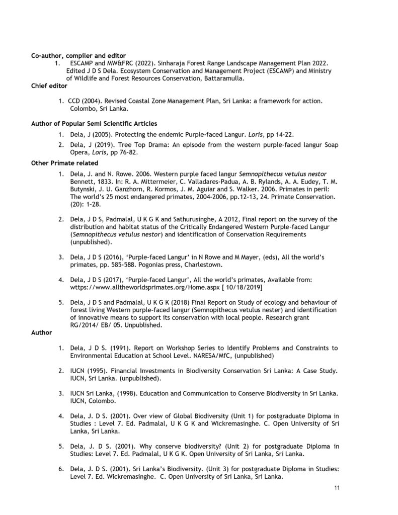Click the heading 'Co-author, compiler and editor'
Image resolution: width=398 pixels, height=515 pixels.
[78, 55]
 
